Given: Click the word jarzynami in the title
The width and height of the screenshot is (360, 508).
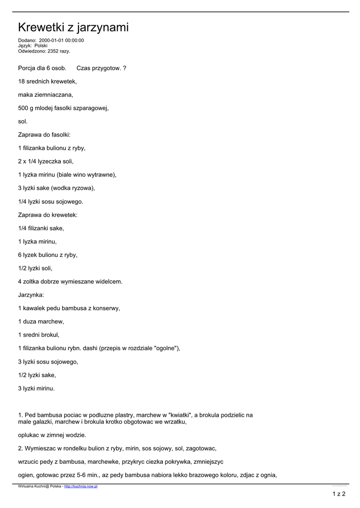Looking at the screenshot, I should pos(103,28).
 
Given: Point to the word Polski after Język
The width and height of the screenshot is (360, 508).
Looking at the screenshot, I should pos(41,46).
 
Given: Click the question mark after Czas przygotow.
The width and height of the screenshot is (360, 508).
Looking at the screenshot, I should pos(124,68).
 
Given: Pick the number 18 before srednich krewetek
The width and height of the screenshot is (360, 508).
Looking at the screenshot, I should pos(21,81).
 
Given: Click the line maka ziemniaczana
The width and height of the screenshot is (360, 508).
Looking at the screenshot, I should pos(45,95).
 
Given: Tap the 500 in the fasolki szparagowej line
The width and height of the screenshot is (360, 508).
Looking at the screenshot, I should pos(23,108).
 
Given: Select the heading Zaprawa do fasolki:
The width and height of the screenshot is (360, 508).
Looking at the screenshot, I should pos(44,135).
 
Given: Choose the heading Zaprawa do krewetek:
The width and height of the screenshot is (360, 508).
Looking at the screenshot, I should pos(48,215).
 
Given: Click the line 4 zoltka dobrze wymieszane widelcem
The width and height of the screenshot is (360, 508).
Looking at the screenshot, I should pos(70,282).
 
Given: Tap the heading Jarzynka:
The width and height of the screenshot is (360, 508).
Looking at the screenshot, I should pos(31,295).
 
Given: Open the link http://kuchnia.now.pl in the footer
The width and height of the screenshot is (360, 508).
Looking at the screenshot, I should pos(80,487).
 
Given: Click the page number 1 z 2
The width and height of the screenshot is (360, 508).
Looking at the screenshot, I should pos(339,494).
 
